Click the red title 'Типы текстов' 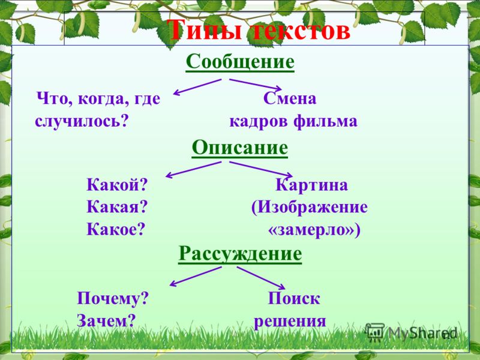(259, 30)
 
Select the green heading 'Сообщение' (240, 62)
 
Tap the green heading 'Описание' (239, 148)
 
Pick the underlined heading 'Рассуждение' (240, 254)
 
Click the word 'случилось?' (81, 121)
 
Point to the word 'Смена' (290, 98)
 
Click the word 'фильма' (325, 121)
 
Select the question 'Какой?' (117, 185)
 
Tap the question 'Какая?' (117, 207)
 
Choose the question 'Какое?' (115, 229)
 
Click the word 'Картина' (311, 185)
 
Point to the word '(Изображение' (309, 207)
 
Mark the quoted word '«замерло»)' (314, 230)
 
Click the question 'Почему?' (113, 298)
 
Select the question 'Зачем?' (106, 321)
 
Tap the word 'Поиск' (294, 298)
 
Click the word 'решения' (290, 322)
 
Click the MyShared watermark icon (374, 332)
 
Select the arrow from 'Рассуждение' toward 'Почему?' (196, 277)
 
